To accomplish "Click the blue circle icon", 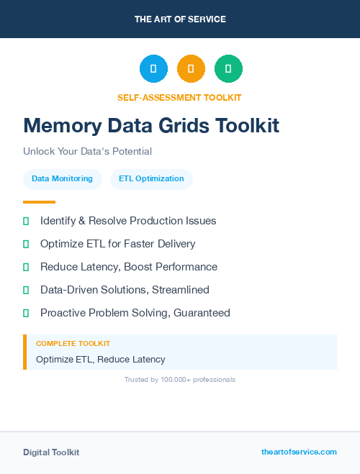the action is (x=153, y=69).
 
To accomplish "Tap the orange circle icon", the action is (x=191, y=69).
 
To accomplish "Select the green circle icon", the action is (x=228, y=69).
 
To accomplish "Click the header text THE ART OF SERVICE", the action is (x=180, y=19).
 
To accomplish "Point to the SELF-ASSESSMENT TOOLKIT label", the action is (x=179, y=97).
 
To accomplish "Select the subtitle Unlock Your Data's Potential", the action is (x=87, y=152).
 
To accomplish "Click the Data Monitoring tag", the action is (x=62, y=178).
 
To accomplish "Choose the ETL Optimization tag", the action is (x=151, y=178).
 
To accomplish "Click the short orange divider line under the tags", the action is (x=39, y=202).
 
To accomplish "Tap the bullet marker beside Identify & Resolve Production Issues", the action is (x=26, y=221).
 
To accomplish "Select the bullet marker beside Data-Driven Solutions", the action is (x=26, y=290).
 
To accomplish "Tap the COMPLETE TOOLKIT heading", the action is (x=73, y=344).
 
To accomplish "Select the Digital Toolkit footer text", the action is (x=51, y=452).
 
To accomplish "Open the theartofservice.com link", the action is (x=299, y=452).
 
